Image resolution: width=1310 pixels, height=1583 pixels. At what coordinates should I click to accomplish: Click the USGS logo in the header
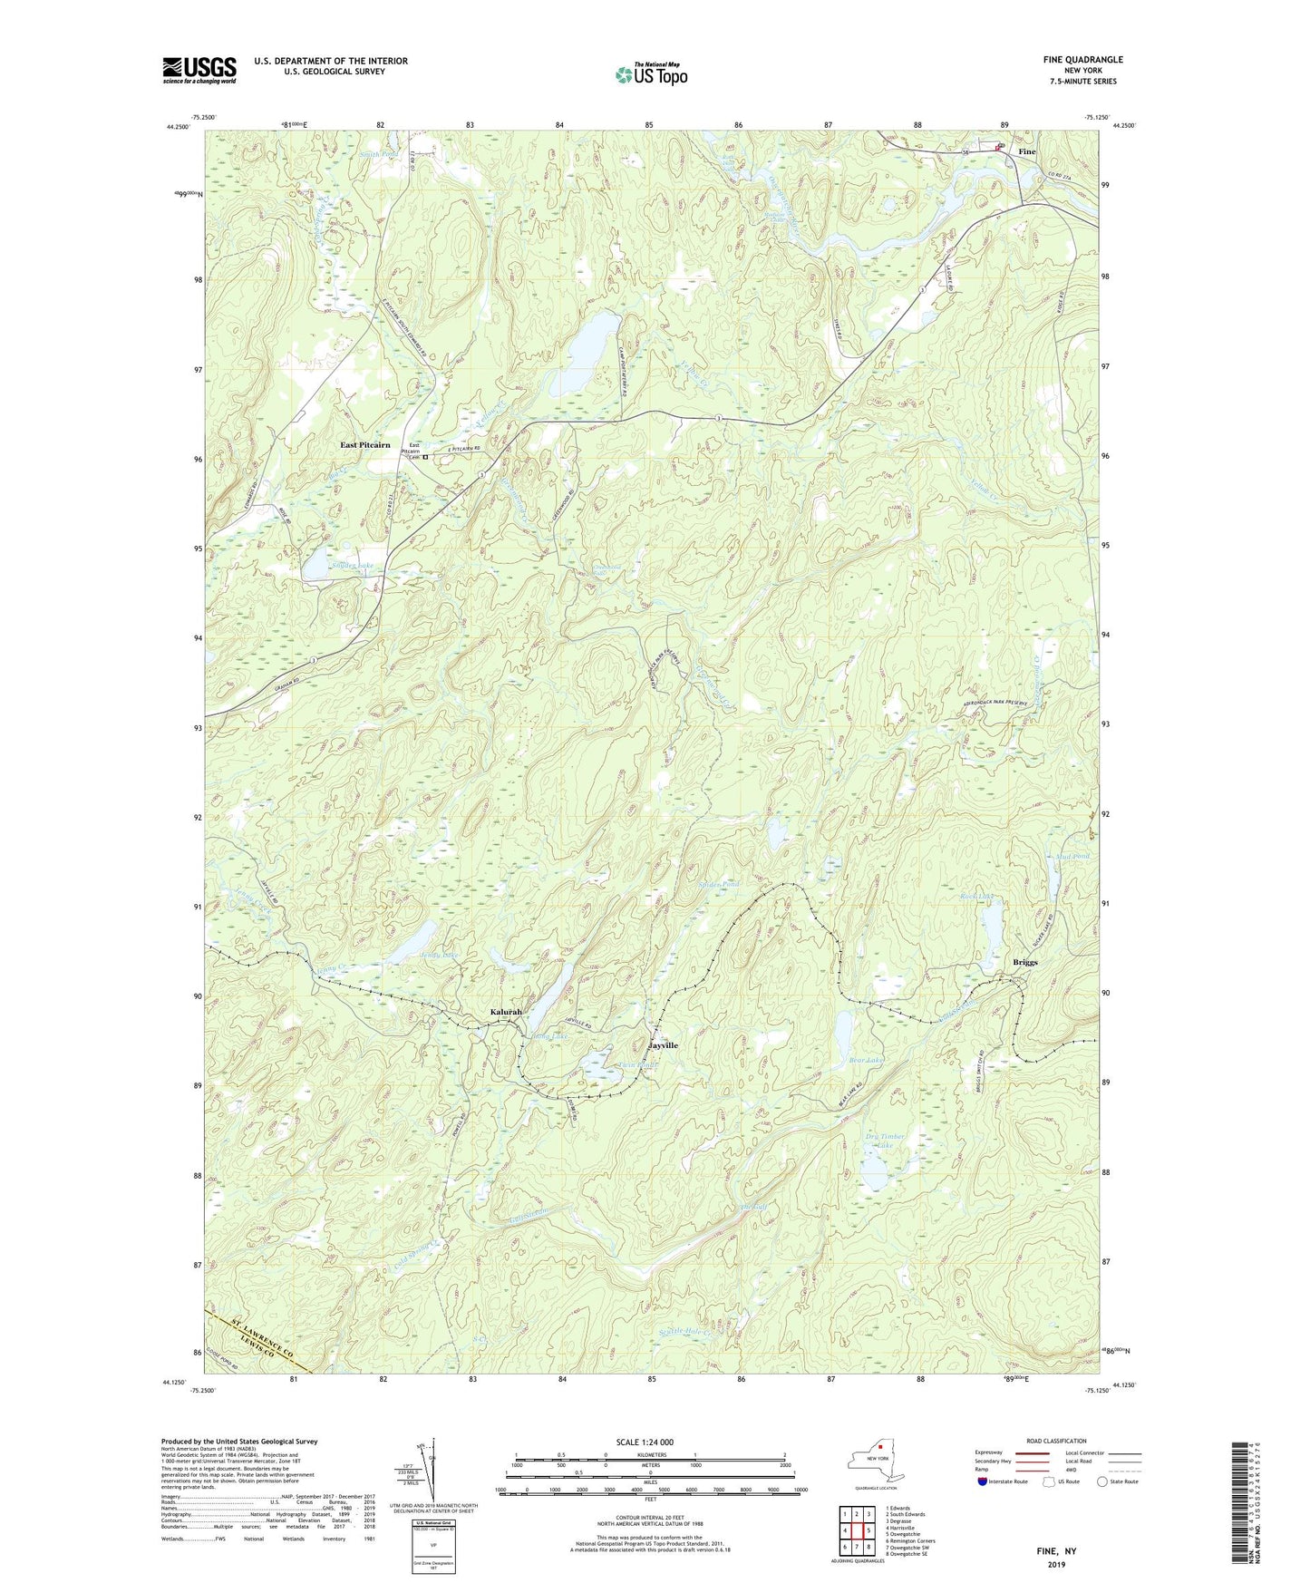[x=199, y=70]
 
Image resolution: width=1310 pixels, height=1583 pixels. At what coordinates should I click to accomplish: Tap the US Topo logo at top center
[x=650, y=74]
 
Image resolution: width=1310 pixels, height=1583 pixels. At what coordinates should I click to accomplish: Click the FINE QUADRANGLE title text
[x=1082, y=60]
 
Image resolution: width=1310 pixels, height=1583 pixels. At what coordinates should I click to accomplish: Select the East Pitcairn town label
[x=365, y=445]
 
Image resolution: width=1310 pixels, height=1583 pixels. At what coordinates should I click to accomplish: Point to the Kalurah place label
[x=507, y=1012]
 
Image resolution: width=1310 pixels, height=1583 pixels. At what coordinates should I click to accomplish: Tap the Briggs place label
[x=1025, y=963]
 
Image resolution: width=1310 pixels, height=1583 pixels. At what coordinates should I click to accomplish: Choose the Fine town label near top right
[x=1026, y=152]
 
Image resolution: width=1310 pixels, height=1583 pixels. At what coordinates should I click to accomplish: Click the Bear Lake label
[x=866, y=1060]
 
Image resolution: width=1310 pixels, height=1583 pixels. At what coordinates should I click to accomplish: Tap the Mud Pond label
[x=1073, y=856]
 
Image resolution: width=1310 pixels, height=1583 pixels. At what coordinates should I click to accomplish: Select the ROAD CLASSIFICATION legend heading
[x=1056, y=1441]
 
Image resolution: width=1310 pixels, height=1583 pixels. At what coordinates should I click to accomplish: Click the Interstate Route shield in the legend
[x=984, y=1481]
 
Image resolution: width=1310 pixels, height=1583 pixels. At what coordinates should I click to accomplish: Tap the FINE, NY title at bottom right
[x=1056, y=1551]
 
